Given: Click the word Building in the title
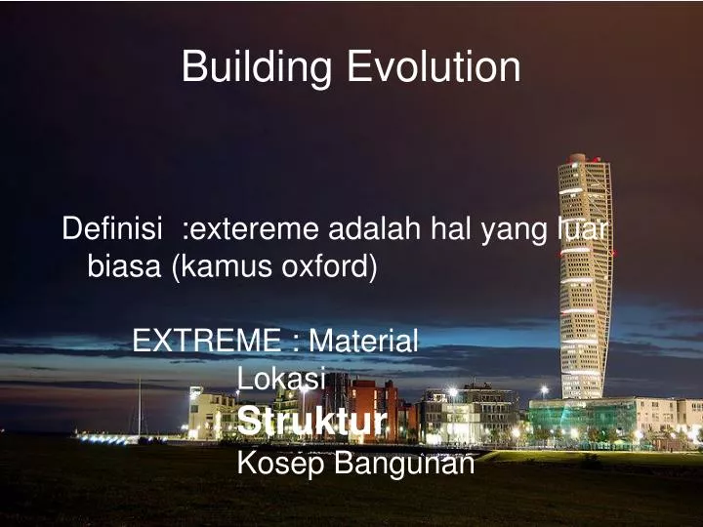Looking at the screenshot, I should pos(258,68).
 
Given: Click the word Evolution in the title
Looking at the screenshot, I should pos(434,67).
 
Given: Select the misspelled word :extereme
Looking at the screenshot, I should pos(251,230).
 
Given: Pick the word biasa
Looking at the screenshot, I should pos(126,265).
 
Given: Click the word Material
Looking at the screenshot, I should pos(363,341).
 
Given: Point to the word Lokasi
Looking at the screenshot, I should pos(281,378).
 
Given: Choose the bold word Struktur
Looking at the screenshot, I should pos(311,422).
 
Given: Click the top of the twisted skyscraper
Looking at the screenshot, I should pos(577,159).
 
